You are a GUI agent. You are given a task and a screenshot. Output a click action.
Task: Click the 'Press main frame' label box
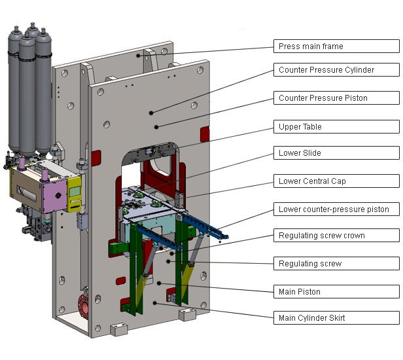coord(336,46)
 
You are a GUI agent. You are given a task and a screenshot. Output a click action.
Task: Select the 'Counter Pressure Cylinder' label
coord(336,69)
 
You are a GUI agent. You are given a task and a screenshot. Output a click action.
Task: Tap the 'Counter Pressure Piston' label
coord(336,98)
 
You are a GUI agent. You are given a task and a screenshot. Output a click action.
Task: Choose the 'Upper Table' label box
coord(336,127)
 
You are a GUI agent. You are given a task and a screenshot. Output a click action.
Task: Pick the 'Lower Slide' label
coord(336,153)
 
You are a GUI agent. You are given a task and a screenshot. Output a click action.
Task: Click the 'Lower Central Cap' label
coord(336,181)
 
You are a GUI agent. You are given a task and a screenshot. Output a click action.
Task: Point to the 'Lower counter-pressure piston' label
coord(336,209)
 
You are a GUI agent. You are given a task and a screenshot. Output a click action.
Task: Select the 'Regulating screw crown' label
coord(336,236)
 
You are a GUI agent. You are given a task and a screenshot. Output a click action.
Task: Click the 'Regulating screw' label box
coord(336,264)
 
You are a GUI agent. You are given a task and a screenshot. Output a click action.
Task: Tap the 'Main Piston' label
coord(336,292)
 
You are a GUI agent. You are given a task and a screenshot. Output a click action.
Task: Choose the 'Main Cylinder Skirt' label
coord(336,318)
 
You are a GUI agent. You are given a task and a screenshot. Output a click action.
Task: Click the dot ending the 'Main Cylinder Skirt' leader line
coord(155,303)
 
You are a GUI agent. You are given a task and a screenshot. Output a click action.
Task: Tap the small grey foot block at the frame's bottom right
coord(188,315)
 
